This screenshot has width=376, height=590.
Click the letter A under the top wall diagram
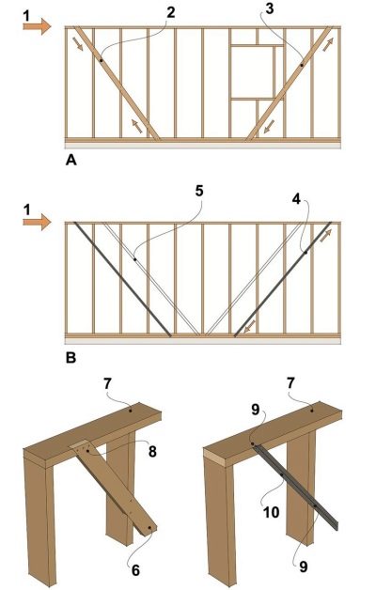click(70, 161)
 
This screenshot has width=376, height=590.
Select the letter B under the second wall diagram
click(70, 357)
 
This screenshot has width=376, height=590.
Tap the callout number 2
click(171, 13)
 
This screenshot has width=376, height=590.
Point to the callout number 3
click(270, 8)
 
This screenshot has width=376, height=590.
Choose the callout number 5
click(198, 191)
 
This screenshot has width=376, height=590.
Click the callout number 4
click(297, 199)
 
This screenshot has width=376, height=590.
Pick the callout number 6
click(135, 570)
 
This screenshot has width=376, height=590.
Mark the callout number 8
click(152, 452)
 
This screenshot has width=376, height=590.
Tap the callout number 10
click(271, 512)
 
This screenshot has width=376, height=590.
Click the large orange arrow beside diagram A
click(37, 26)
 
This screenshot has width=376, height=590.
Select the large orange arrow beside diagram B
click(37, 222)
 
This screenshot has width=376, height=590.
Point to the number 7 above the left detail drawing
click(108, 384)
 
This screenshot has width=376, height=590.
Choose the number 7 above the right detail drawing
click(290, 384)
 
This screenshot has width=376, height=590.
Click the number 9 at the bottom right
click(304, 567)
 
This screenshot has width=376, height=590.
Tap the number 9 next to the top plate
click(255, 411)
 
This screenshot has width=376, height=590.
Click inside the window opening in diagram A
click(251, 72)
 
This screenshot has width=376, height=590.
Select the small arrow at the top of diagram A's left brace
click(79, 43)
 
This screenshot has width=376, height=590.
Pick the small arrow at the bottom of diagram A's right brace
click(269, 127)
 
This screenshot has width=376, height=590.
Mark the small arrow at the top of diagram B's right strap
click(326, 236)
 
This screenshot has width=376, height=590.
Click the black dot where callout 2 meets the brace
click(101, 60)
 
